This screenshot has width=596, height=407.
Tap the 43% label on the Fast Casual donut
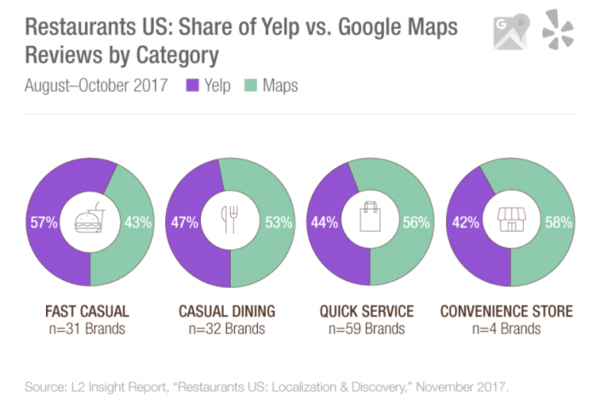138,223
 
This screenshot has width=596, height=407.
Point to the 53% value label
278,223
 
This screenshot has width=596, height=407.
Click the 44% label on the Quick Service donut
324,223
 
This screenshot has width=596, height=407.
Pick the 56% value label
417,223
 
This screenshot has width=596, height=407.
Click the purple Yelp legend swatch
192,86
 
